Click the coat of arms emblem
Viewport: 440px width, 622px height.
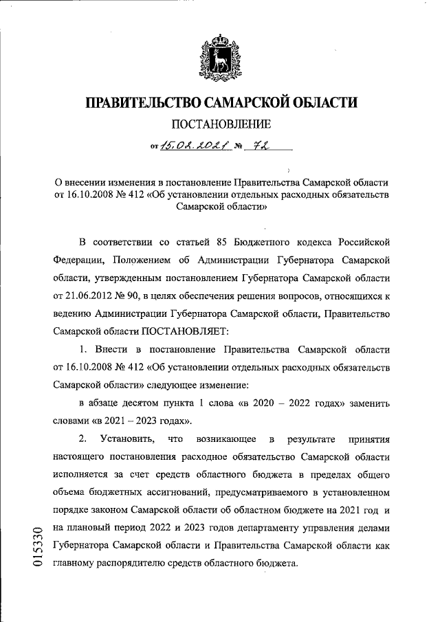(219, 58)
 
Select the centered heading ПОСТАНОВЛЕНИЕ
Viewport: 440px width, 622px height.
(221, 124)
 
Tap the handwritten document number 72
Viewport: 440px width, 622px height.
(261, 145)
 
